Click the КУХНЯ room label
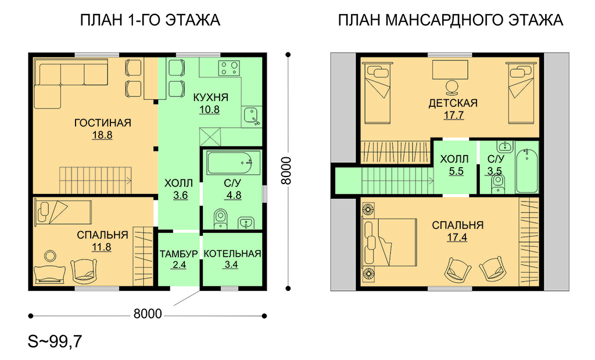coord(210,98)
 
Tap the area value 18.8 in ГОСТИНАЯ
coord(102,135)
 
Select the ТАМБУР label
coord(179,254)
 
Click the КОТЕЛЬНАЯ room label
coord(232,254)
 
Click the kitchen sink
coord(251,116)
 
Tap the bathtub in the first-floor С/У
coord(234,163)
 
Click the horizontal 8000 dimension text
coord(148,314)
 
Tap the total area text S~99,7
coord(55,341)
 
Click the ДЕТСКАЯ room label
coord(453,103)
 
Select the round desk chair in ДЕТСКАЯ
coord(451,87)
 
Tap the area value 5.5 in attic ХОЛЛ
coord(456,171)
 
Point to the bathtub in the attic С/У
coord(527,171)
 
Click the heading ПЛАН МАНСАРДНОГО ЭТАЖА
coord(450,20)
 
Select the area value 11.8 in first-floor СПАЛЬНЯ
coord(102,247)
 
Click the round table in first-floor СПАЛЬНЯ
coord(49,256)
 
